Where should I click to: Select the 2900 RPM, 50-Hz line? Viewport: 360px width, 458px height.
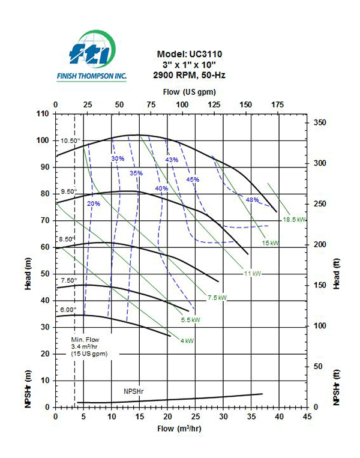click(190, 75)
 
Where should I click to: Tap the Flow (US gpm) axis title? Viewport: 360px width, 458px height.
click(190, 92)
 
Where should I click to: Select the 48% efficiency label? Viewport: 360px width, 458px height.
click(252, 200)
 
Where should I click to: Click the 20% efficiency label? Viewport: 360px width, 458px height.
click(94, 203)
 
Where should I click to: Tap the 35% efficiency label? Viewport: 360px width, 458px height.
click(136, 173)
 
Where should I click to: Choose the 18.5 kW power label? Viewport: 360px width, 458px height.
click(294, 220)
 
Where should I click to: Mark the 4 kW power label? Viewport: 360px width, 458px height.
click(187, 341)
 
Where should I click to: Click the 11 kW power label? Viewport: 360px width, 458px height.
click(251, 274)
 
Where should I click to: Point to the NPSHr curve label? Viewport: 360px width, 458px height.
click(134, 391)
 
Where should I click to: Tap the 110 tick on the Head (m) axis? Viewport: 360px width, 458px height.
click(41, 113)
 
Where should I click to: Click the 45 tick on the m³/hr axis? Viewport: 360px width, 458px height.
click(307, 416)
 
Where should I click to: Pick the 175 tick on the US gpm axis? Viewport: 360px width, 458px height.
click(277, 105)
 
